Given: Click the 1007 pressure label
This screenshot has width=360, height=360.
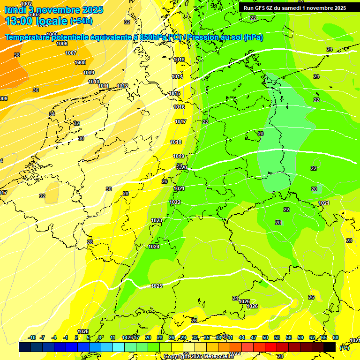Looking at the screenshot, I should [70, 53].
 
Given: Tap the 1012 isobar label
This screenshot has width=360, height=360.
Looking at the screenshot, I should [122, 86].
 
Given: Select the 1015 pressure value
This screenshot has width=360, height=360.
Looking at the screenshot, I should [174, 94].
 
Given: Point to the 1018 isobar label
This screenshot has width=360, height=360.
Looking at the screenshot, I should [176, 142].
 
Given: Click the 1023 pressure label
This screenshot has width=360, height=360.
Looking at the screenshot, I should [156, 220].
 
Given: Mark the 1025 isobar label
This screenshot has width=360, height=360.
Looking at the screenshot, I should [157, 286].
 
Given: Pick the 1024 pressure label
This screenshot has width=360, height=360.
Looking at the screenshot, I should [154, 247].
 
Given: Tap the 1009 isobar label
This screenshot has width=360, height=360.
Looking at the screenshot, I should [89, 73].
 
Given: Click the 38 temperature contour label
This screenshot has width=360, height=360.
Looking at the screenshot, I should [17, 55].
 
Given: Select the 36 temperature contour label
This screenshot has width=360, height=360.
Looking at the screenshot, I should [36, 90].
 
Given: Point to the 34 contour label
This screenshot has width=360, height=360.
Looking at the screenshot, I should [52, 114].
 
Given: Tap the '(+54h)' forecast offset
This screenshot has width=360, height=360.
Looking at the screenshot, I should [81, 21].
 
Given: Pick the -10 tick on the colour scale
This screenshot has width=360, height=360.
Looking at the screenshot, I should [32, 337].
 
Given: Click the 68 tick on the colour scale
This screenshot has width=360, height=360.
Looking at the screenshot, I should [336, 337].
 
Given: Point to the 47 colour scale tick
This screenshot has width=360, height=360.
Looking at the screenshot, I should [254, 337].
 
